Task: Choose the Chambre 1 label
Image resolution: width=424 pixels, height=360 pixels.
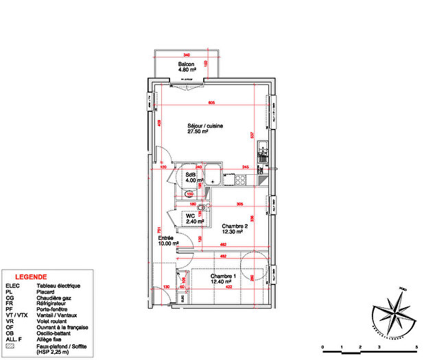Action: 222,278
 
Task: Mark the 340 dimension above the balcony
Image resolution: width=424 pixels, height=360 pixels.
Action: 186,55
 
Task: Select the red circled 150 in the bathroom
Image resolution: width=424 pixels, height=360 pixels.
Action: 190,194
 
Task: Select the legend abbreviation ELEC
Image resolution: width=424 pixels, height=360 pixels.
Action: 13,285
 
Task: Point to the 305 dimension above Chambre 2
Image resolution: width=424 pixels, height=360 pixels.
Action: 239,204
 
